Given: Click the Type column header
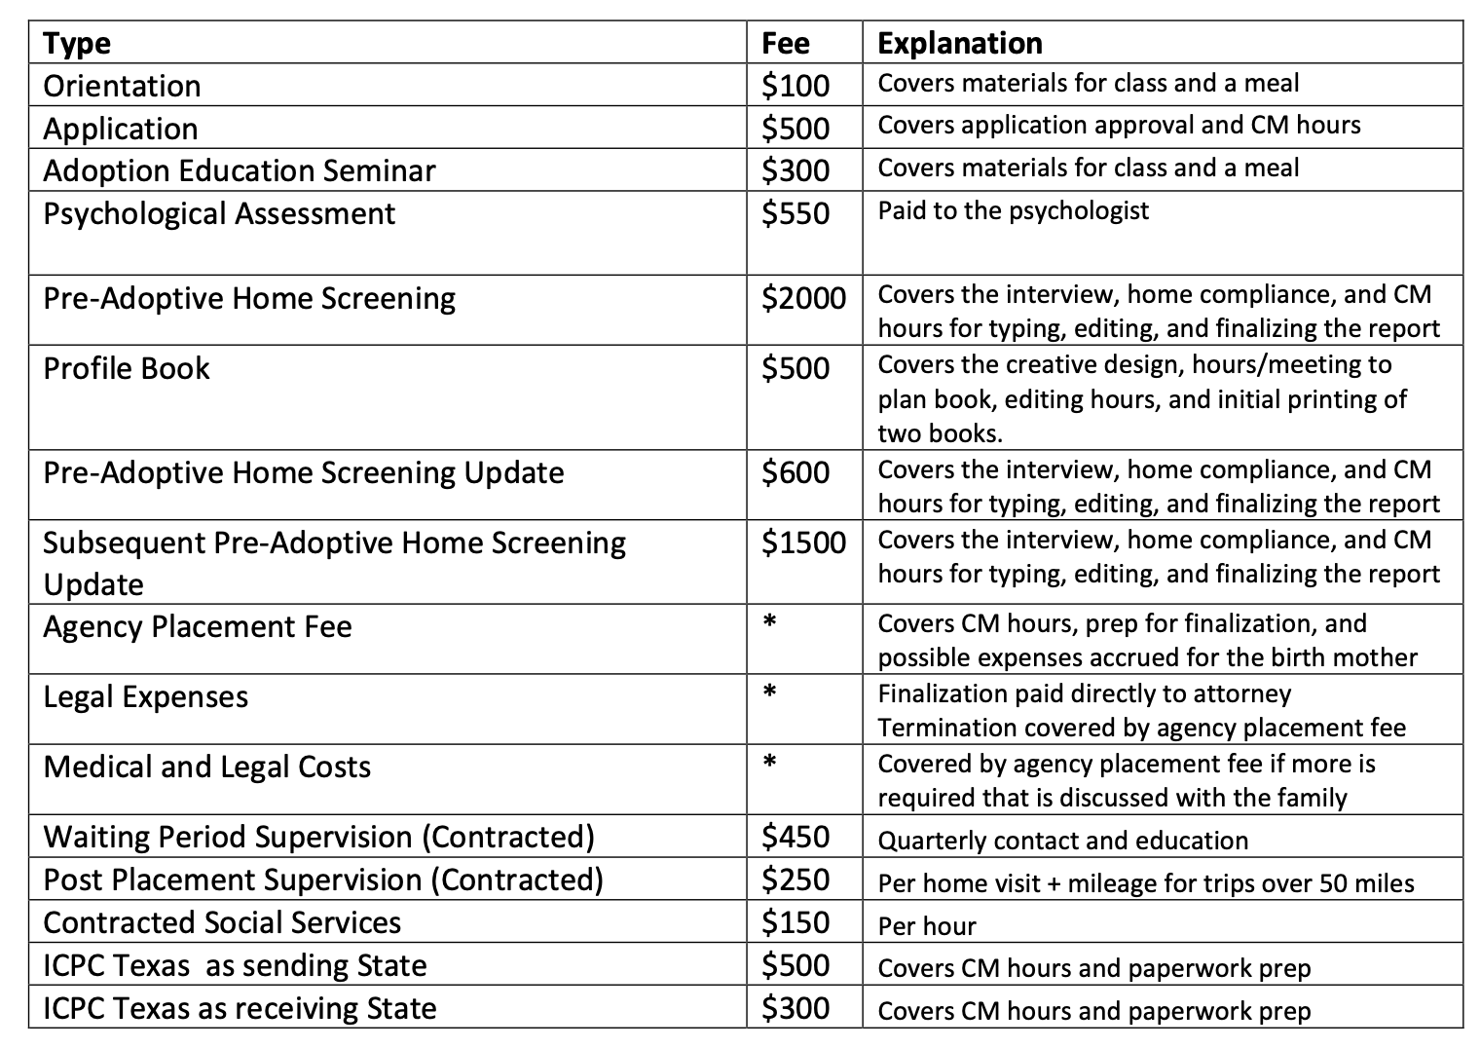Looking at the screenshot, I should [77, 44].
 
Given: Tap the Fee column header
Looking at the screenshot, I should [785, 44].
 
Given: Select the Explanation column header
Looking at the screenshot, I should [959, 44].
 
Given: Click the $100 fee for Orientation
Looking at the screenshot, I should [795, 86].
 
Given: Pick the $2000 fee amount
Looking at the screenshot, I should [803, 298].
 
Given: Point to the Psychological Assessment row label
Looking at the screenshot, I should [219, 213].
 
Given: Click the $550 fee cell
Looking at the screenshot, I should [795, 213].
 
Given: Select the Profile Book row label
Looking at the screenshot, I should [127, 368].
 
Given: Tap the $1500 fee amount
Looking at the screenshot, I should [803, 543].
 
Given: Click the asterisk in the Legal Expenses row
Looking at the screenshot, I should [769, 693].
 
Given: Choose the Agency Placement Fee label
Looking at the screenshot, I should [197, 626].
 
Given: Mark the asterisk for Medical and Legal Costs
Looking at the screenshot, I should [769, 764].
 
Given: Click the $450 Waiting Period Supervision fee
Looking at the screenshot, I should [795, 837].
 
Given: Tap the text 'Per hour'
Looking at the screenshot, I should [926, 925].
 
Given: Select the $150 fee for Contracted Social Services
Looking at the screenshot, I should [795, 922].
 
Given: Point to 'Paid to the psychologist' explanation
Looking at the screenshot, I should [1013, 210].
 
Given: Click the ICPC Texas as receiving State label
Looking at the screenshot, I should [240, 1008].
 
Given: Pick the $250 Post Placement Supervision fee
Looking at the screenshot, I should [795, 880].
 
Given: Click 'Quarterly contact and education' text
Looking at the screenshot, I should [1062, 841].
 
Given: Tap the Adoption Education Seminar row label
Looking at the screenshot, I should [240, 170].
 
